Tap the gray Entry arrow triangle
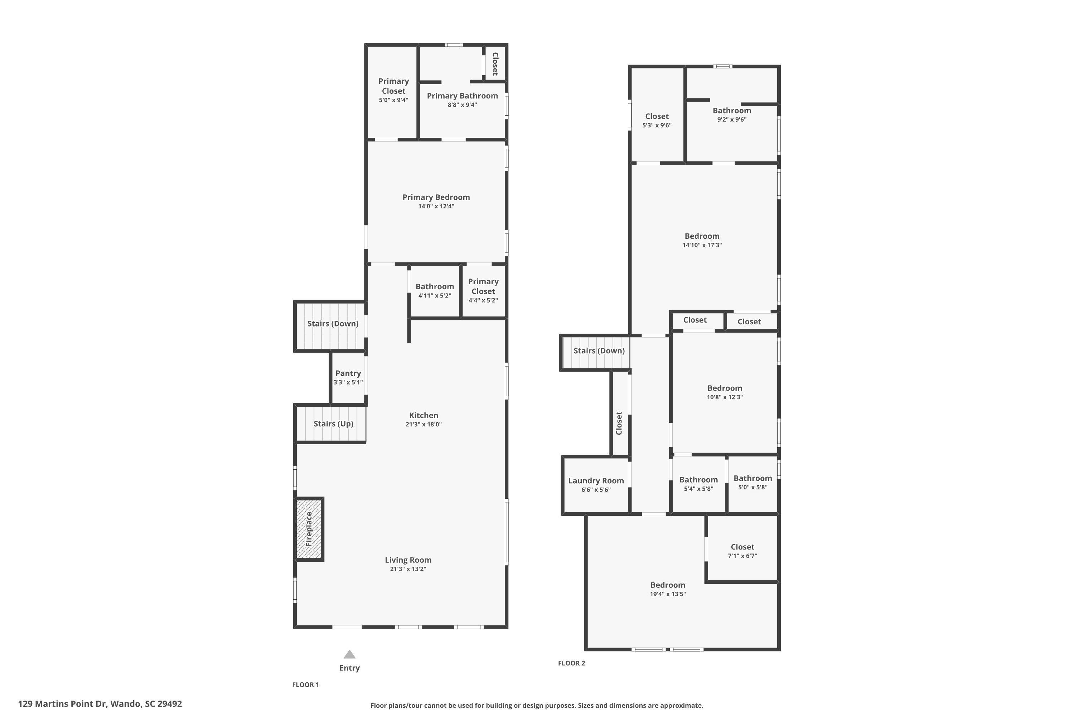click(349, 654)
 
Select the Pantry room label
click(348, 373)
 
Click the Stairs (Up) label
click(333, 424)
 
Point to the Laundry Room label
click(596, 480)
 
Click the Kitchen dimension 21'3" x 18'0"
click(423, 424)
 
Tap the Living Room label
click(408, 560)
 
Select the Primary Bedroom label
click(436, 197)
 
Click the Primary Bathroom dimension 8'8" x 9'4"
click(462, 105)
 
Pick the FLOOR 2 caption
click(571, 663)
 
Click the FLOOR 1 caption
click(305, 684)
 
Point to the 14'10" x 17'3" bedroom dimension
click(702, 245)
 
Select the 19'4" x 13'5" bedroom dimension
click(668, 594)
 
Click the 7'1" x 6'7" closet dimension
click(742, 556)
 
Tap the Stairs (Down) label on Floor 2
click(599, 351)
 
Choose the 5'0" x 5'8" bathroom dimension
click(753, 487)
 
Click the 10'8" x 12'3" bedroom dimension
click(725, 397)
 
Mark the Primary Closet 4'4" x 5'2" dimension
click(483, 300)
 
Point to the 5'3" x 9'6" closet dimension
click(657, 125)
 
